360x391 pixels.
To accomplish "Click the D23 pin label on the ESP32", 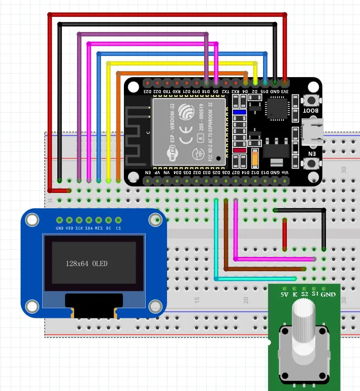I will pyautogui.click(x=147, y=90).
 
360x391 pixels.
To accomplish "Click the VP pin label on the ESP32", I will pyautogui.click(x=157, y=173).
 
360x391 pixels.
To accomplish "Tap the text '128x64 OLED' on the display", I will pyautogui.click(x=87, y=264).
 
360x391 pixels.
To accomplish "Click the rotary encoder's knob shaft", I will pyautogui.click(x=304, y=325).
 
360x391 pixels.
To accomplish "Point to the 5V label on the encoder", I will pyautogui.click(x=285, y=294).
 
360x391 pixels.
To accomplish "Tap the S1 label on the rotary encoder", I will pyautogui.click(x=315, y=294).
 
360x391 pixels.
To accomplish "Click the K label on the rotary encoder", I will pyautogui.click(x=295, y=294).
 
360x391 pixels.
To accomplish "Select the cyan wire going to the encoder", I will pyautogui.click(x=254, y=279).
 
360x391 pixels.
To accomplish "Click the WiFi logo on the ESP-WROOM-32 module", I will pyautogui.click(x=174, y=154).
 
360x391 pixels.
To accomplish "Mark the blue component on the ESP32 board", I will pyautogui.click(x=239, y=112).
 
